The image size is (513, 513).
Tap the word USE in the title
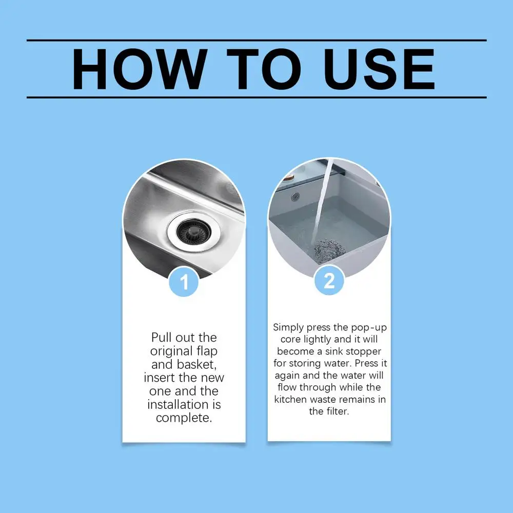click(x=379, y=69)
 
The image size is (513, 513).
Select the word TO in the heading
click(x=264, y=69)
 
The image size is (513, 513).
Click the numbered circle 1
click(x=184, y=282)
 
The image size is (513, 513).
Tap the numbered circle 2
click(x=329, y=281)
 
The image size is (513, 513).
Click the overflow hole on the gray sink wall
click(x=295, y=196)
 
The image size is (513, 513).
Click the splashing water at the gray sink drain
click(x=329, y=250)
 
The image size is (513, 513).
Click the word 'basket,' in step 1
click(x=197, y=364)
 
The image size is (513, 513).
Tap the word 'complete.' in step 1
click(x=184, y=418)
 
